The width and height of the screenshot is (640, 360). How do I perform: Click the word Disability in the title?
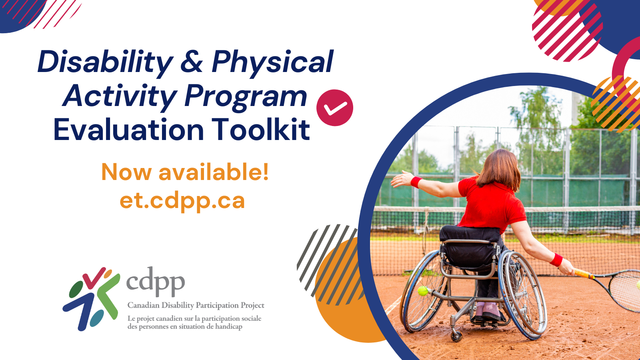105,62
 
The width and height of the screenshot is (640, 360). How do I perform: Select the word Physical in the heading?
272,62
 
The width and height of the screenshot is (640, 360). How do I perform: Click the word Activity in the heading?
120,96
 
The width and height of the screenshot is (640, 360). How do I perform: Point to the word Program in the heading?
246,96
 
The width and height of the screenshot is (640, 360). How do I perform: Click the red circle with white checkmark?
334,108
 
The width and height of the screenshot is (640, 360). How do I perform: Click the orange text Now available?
185,172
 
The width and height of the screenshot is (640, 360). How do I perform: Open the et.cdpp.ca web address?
182,200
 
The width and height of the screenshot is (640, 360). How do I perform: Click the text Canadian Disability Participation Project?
196,305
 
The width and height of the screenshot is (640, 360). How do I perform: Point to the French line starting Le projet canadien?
194,319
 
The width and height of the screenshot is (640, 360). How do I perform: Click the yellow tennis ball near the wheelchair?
423,291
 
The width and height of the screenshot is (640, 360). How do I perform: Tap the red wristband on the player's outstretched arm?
416,182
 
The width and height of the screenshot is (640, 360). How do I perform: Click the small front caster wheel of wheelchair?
456,336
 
